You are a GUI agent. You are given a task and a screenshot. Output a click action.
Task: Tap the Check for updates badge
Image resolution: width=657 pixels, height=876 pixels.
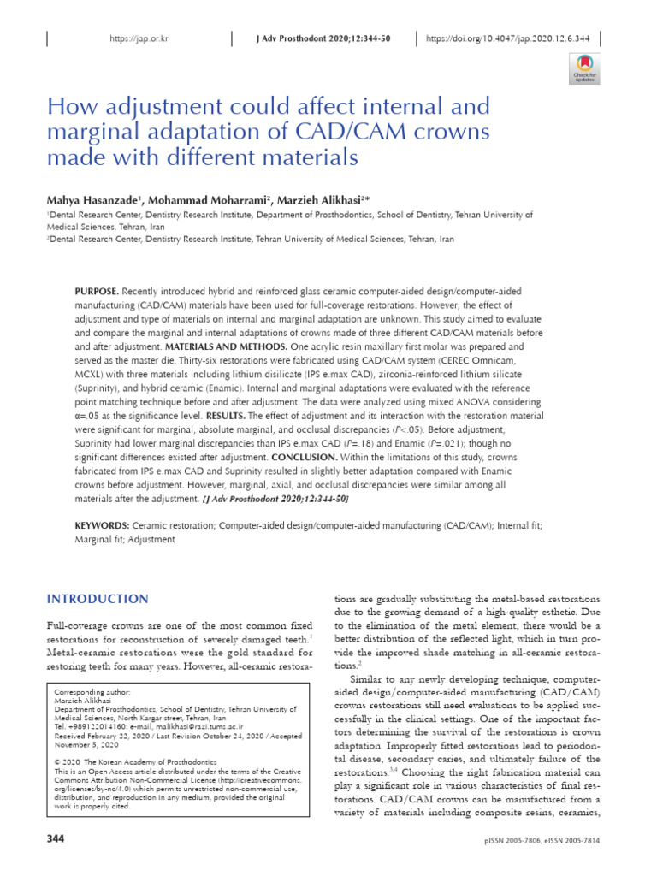click(x=584, y=68)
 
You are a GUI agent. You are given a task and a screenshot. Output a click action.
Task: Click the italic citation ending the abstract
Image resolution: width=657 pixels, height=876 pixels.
click(x=275, y=497)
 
